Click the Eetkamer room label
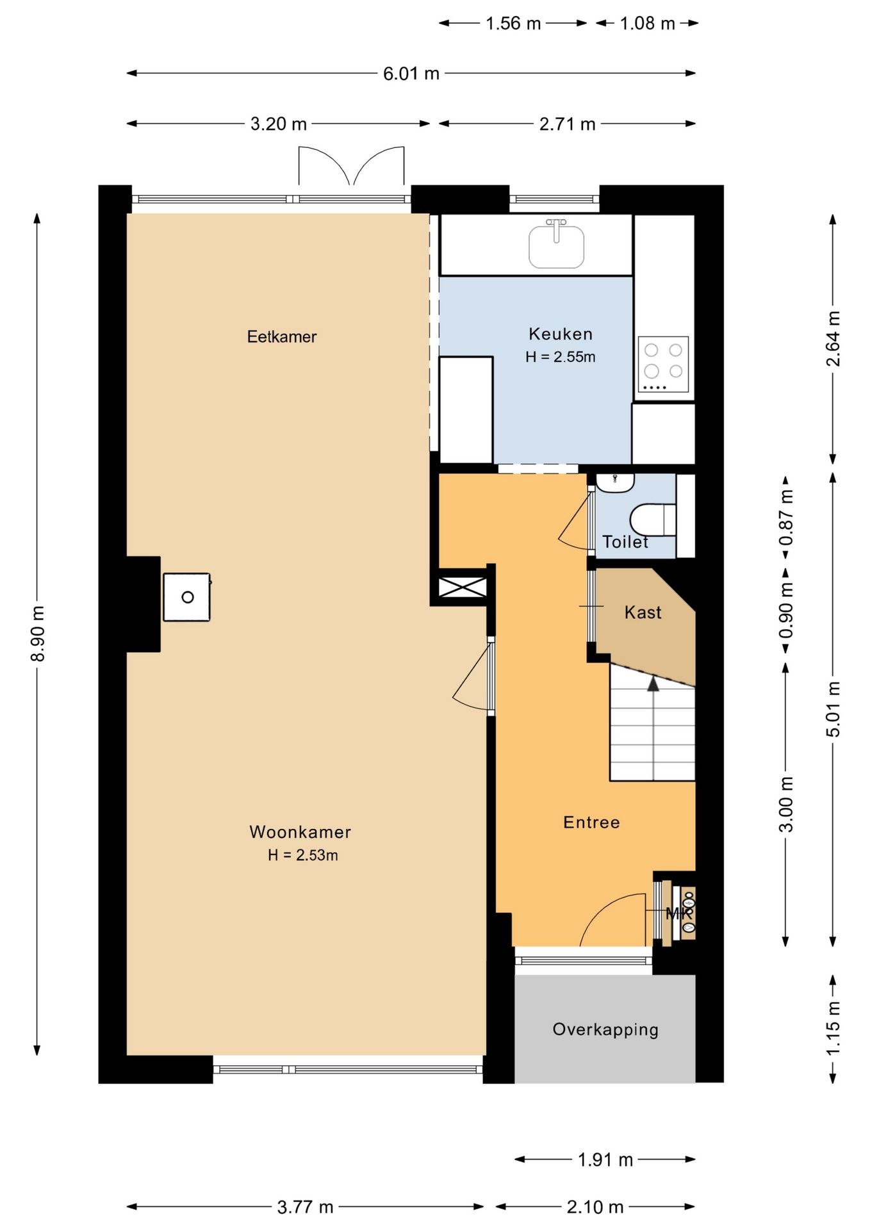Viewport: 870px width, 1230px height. click(282, 336)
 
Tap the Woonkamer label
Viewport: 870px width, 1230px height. click(300, 832)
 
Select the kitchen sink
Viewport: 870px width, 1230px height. click(556, 244)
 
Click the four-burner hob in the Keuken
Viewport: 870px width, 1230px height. click(663, 364)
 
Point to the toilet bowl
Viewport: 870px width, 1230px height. click(653, 520)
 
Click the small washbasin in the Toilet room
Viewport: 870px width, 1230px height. click(615, 482)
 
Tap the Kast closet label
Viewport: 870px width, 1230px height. click(643, 612)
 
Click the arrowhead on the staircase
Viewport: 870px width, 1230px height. click(653, 684)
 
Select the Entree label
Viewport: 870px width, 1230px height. click(591, 822)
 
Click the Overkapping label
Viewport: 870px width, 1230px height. click(605, 1029)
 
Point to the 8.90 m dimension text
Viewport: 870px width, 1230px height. click(37, 634)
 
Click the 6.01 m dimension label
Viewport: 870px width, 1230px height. click(411, 74)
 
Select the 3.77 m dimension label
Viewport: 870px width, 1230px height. click(305, 1207)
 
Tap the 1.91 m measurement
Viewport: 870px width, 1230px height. click(605, 1160)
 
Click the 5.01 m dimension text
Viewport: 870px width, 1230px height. click(832, 709)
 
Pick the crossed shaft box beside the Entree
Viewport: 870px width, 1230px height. click(463, 587)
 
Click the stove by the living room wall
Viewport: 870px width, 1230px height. click(186, 597)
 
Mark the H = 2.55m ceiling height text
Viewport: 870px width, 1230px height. click(561, 357)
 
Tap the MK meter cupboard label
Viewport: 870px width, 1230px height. click(679, 914)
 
